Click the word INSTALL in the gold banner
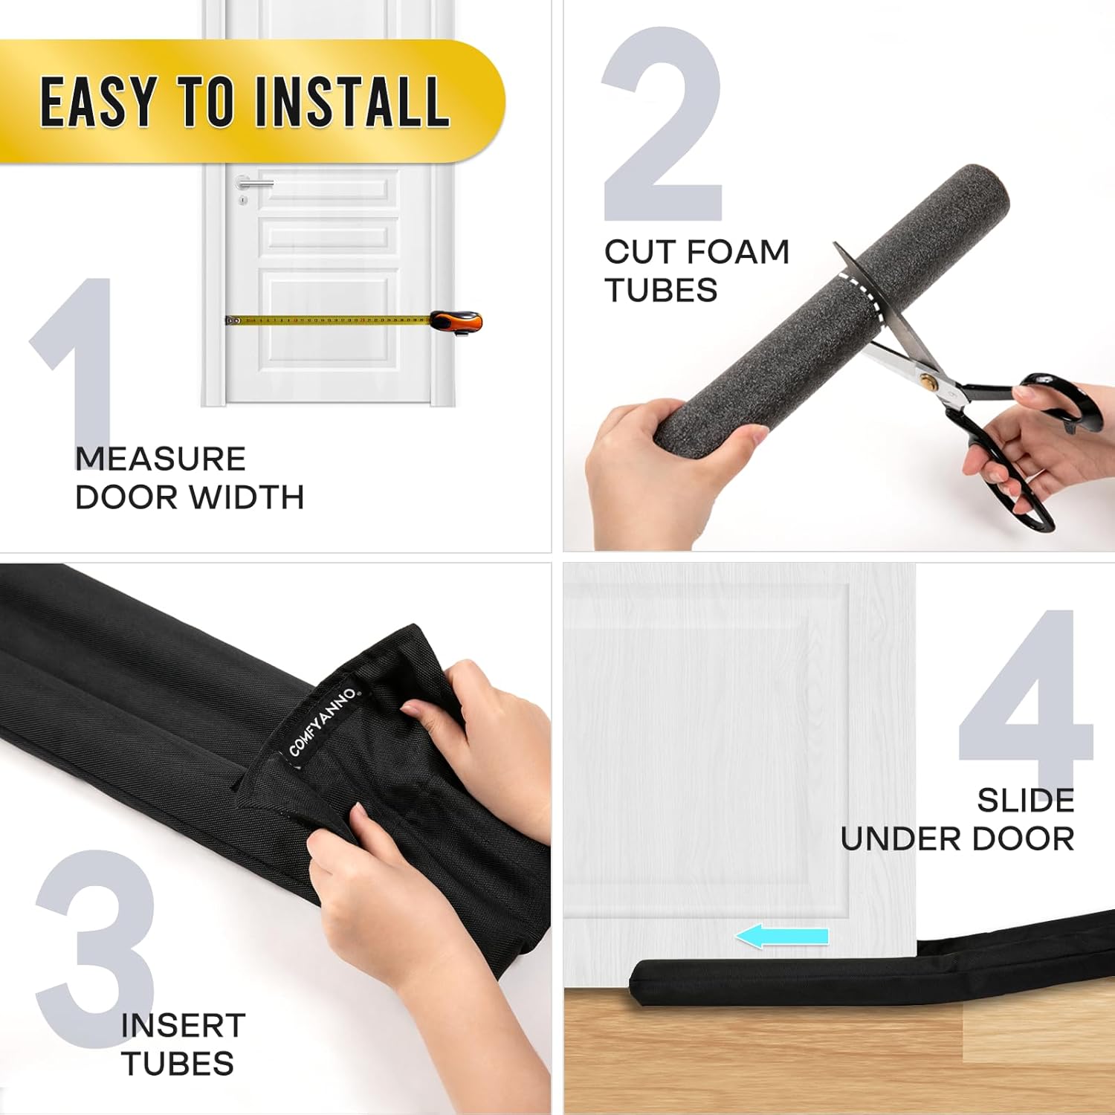tap(352, 102)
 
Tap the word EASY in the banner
tap(97, 102)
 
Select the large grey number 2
tap(662, 126)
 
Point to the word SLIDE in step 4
tap(1025, 801)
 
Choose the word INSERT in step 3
tap(183, 1026)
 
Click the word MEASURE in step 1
tap(161, 459)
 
